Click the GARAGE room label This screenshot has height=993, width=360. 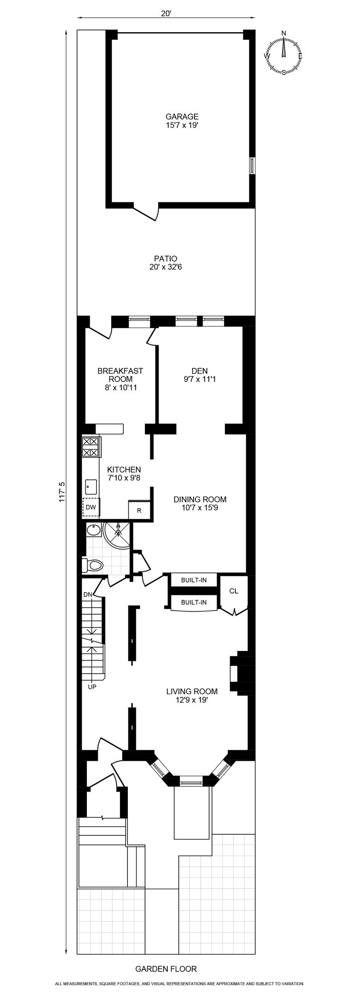pyautogui.click(x=182, y=117)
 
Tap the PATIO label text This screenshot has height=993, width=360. pyautogui.click(x=166, y=259)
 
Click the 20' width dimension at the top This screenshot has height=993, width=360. pyautogui.click(x=166, y=14)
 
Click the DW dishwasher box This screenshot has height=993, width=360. pyautogui.click(x=91, y=508)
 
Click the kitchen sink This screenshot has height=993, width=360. pyautogui.click(x=91, y=486)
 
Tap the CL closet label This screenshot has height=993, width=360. pyautogui.click(x=234, y=591)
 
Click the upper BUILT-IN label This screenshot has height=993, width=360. pyautogui.click(x=194, y=580)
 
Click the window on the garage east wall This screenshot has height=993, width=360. pyautogui.click(x=251, y=165)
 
